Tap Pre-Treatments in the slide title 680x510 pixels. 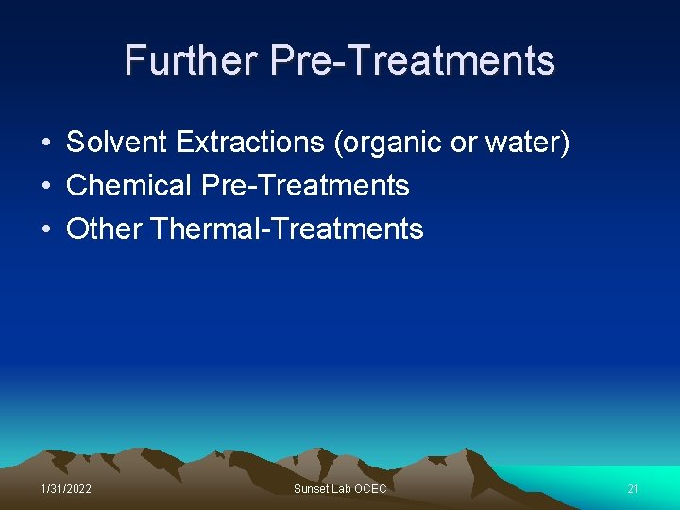(412, 60)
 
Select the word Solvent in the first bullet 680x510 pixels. (117, 143)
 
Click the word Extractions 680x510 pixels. (249, 143)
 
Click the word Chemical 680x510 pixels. (129, 186)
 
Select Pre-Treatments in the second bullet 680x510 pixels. (305, 186)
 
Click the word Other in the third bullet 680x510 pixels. (104, 229)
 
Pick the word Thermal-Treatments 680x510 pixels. (287, 229)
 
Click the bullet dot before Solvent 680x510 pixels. (45, 144)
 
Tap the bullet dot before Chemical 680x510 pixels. (45, 187)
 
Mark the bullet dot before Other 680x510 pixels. (45, 229)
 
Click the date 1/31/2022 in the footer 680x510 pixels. (66, 489)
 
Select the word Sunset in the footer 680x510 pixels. (312, 489)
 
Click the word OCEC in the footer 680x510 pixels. (369, 489)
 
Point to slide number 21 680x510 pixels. (633, 489)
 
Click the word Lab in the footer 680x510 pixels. (341, 489)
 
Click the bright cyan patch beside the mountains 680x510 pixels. (604, 477)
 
